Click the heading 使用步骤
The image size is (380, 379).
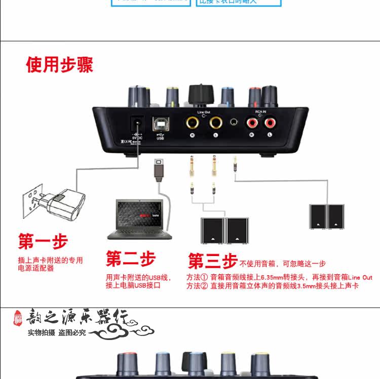60,65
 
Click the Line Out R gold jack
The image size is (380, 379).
192,122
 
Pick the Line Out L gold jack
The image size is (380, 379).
216,122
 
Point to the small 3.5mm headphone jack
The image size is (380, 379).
235,122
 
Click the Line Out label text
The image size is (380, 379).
204,112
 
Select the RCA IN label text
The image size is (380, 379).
260,112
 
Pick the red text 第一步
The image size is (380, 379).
43,241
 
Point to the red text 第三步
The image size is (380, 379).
212,261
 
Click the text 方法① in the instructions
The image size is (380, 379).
197,277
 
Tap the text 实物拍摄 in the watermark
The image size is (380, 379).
42,332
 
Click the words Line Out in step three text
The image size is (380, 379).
360,277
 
